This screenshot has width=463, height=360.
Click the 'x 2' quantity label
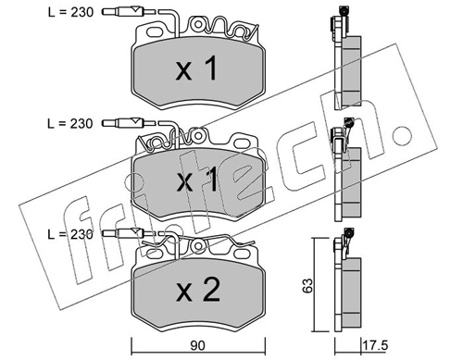(198, 290)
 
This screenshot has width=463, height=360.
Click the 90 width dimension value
(197, 346)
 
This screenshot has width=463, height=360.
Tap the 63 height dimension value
(307, 285)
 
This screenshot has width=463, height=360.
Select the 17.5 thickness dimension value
(375, 345)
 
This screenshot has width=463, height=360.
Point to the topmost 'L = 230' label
(70, 12)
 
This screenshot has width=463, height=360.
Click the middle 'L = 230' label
(69, 124)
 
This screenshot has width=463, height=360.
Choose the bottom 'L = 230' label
(70, 234)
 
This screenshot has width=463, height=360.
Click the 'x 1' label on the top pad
(197, 69)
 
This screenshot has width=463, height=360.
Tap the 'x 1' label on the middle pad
(197, 181)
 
